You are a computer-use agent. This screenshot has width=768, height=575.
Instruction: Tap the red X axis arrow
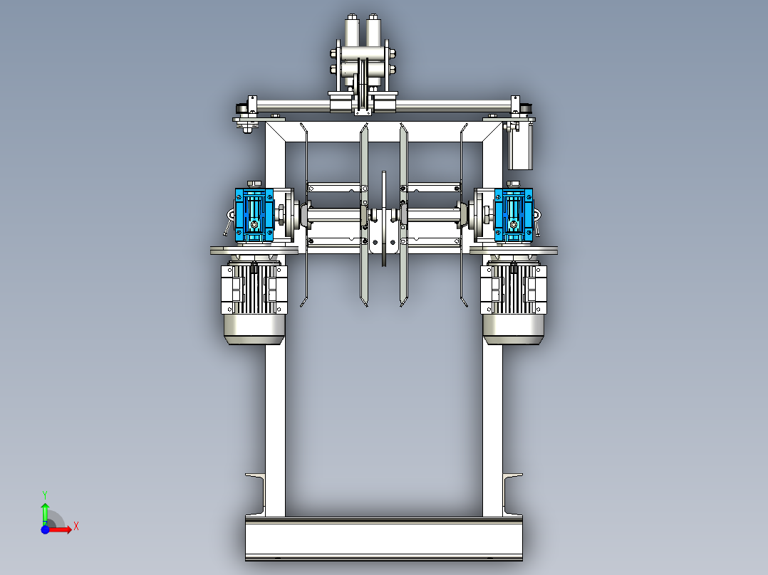pyautogui.click(x=64, y=528)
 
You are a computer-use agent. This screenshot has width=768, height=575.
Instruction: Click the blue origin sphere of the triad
pyautogui.click(x=45, y=529)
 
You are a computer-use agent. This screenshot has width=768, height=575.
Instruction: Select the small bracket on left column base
pyautogui.click(x=256, y=492)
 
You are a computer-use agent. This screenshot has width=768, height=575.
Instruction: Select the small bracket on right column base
pyautogui.click(x=512, y=492)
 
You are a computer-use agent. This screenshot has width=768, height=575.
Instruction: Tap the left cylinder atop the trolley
pyautogui.click(x=353, y=31)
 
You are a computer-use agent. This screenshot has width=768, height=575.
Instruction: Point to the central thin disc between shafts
pyautogui.click(x=384, y=218)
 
